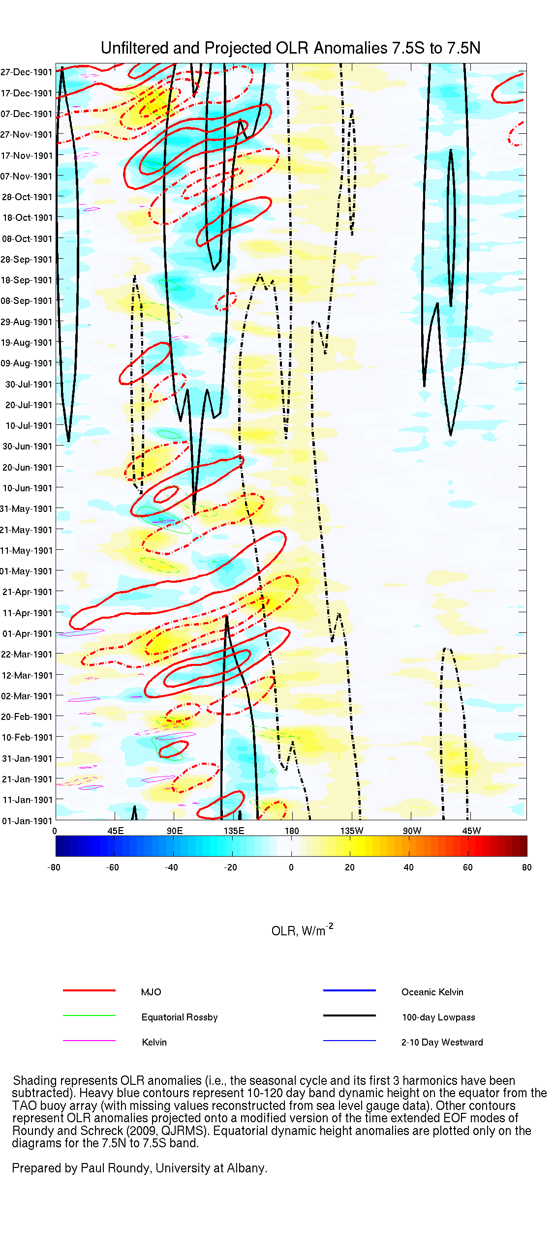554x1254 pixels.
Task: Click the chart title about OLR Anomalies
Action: coord(290,48)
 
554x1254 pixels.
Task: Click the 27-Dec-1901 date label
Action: coord(27,72)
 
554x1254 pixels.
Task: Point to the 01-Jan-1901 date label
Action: coord(27,821)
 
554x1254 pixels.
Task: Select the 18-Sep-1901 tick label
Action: coord(27,280)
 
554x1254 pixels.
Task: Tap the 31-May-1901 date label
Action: coord(27,509)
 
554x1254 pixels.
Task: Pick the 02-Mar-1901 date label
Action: coord(27,696)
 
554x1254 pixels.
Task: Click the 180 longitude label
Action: coord(292,831)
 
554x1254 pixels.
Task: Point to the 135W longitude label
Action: coord(352,831)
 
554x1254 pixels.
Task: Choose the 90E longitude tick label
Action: coord(175,831)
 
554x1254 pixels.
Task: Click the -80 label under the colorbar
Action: coord(54,867)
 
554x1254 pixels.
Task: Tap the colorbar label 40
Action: coord(408,867)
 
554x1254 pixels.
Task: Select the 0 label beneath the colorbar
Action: coord(291,867)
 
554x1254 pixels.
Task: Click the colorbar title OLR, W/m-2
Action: coord(302,930)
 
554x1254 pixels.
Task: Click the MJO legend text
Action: coord(151,992)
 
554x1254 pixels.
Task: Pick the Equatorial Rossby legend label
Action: coord(180,1017)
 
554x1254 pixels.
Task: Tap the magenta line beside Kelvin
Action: coord(89,1041)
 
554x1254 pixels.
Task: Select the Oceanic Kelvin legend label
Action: coord(432,992)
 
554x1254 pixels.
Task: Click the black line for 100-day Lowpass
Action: coord(349,1015)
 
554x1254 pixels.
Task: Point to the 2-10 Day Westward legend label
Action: coord(442,1042)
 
